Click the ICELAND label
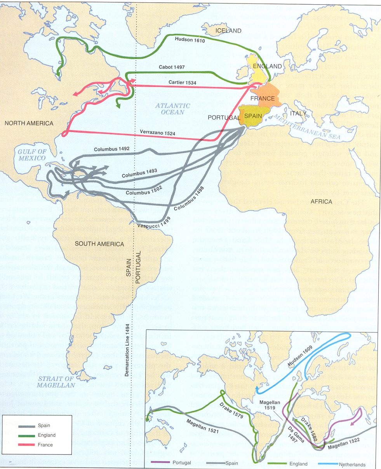pos(228,31)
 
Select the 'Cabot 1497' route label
pos(172,67)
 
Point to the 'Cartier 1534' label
pos(182,83)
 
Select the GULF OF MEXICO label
pos(32,155)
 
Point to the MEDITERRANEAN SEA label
pos(307,127)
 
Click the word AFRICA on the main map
pos(321,201)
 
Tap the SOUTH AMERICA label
pos(99,244)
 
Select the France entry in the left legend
pos(45,445)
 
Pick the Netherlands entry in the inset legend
pos(352,464)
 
